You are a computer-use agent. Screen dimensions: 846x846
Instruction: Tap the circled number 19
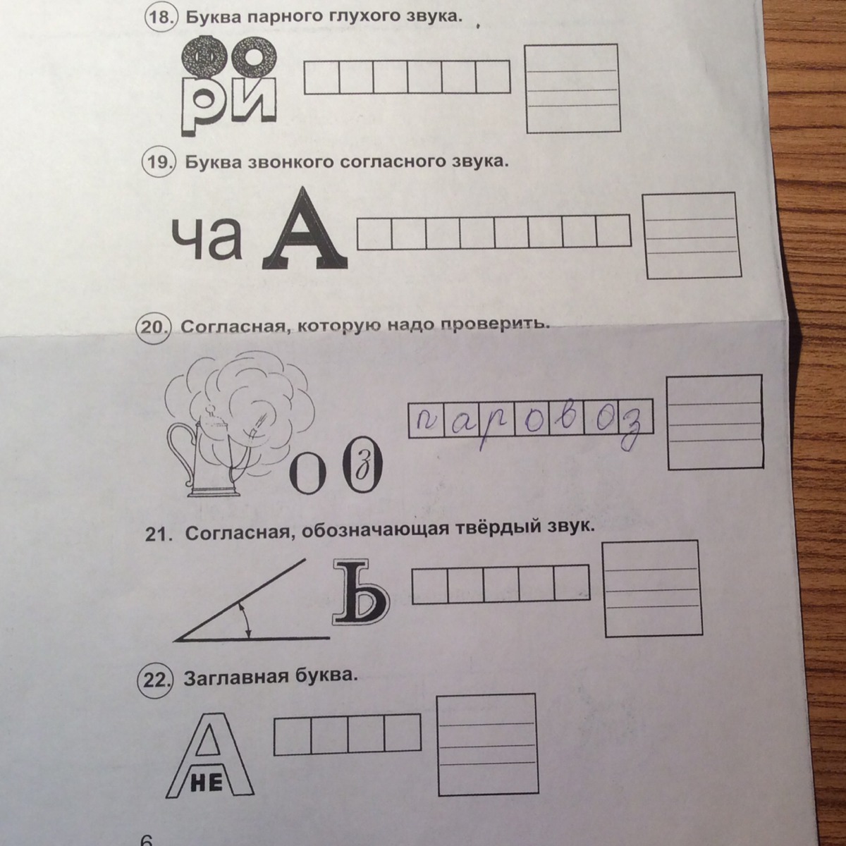click(158, 162)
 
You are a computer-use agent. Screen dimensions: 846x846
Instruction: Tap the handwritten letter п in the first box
click(425, 419)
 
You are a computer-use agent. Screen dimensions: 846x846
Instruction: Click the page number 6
click(146, 839)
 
